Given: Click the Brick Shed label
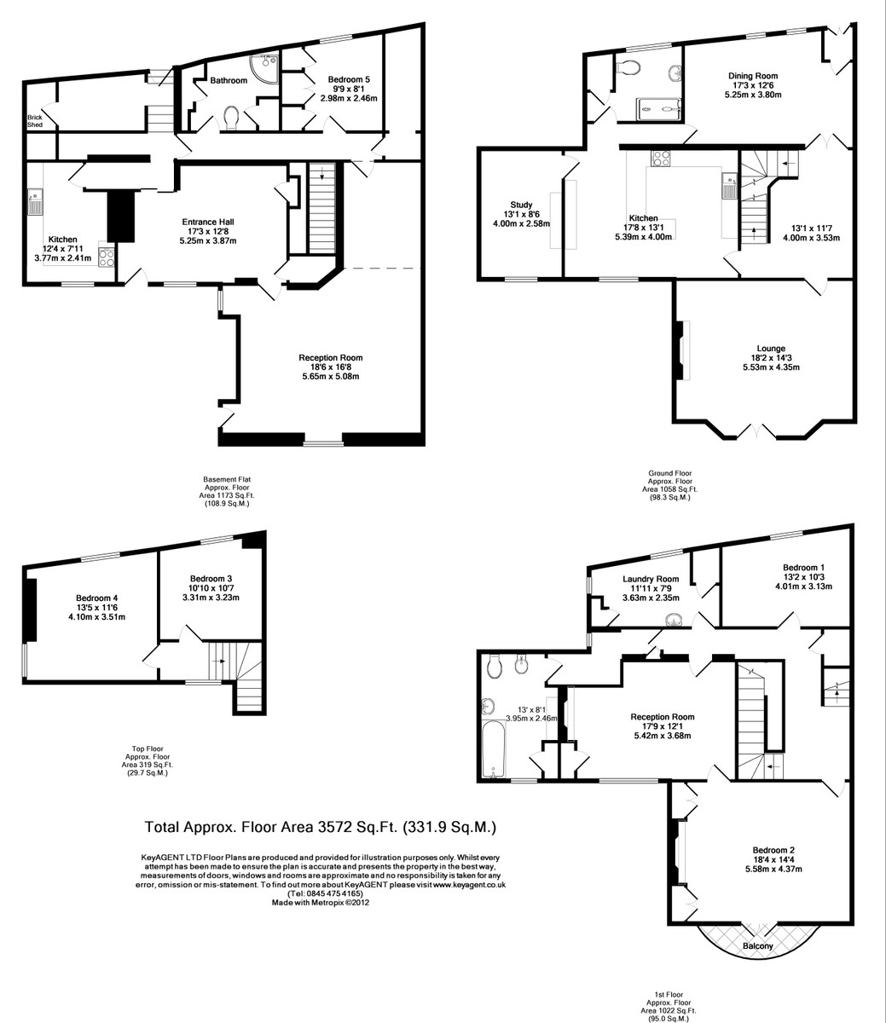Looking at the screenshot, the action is [x=35, y=121].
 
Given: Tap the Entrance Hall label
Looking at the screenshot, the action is [x=208, y=222].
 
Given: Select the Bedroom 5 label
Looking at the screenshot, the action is [x=349, y=79].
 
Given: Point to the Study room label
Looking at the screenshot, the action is [x=521, y=205].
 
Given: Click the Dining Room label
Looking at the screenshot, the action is [x=753, y=76].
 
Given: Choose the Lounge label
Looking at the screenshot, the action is [x=771, y=349].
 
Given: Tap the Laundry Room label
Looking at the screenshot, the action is [x=651, y=579].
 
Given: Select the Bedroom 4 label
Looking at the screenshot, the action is [x=96, y=598].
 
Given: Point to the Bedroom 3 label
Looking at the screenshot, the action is [x=211, y=579].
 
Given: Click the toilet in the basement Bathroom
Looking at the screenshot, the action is [x=231, y=118].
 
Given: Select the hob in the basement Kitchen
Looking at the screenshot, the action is [x=107, y=257].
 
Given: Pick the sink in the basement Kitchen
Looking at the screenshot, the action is [x=35, y=202].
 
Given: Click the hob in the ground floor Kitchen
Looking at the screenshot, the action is [x=661, y=159].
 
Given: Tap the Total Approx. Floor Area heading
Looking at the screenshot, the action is [x=320, y=827].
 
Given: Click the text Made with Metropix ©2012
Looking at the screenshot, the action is [x=321, y=902].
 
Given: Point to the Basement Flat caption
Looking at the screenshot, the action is [x=227, y=479].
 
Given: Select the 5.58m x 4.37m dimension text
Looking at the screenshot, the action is [x=773, y=869].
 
